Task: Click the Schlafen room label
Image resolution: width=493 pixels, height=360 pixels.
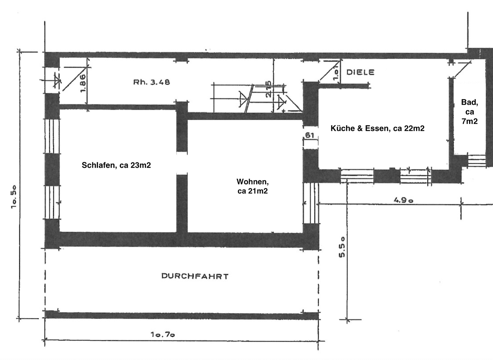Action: tap(116, 165)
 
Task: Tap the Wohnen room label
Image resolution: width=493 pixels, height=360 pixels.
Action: tap(252, 186)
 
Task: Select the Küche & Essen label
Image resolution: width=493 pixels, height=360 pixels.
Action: tap(377, 128)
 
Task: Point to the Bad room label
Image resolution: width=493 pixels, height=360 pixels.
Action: tap(469, 112)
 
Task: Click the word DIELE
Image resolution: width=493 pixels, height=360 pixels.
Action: tap(360, 72)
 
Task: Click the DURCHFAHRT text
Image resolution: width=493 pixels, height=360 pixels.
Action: tap(195, 276)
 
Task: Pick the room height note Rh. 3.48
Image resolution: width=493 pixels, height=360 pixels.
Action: tap(151, 82)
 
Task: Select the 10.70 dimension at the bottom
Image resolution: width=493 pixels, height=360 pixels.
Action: tap(163, 334)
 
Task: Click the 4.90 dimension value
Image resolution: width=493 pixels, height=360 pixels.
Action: tap(403, 200)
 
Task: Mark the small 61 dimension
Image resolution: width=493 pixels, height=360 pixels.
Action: tap(310, 135)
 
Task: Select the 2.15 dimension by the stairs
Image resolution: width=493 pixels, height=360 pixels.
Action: tap(269, 89)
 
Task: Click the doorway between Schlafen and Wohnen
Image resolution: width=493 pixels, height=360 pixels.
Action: tap(182, 163)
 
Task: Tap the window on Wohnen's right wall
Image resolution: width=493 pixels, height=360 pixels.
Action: tap(311, 203)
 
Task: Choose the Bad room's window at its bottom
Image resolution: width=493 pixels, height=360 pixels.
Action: tap(476, 161)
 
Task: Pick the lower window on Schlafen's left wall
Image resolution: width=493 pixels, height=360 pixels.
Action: tap(52, 202)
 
